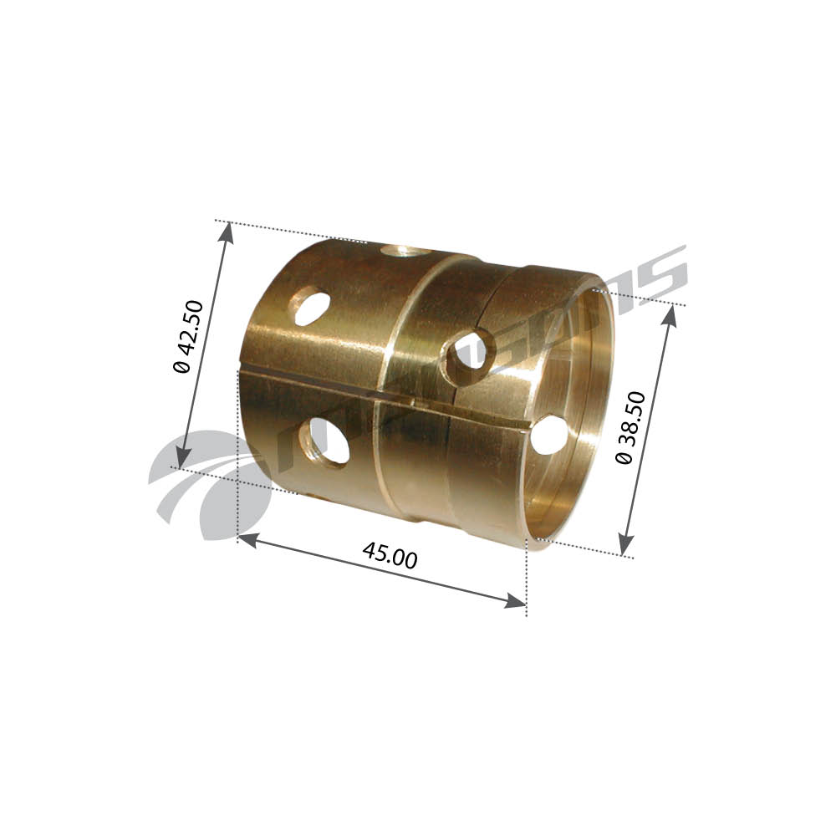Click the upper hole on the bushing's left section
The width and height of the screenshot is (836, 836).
coord(308,306)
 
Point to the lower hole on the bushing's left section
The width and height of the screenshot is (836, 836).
coord(328,441)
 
